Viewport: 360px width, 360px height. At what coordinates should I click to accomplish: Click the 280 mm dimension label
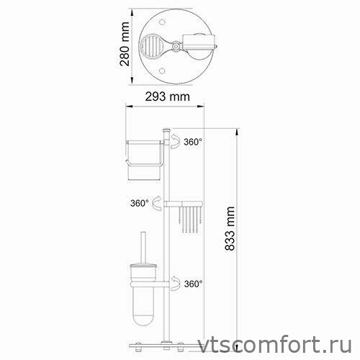(125, 44)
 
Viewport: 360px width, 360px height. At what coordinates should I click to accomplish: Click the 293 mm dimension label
(167, 96)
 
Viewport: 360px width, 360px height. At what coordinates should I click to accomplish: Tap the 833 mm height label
(230, 228)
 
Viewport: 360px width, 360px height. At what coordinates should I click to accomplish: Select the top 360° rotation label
(193, 142)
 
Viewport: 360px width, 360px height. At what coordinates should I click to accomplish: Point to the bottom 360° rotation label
(193, 284)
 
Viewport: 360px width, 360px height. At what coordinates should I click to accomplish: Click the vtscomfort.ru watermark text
(275, 345)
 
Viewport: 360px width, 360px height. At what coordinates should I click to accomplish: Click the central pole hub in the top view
(176, 45)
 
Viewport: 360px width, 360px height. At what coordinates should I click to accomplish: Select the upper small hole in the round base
(162, 22)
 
